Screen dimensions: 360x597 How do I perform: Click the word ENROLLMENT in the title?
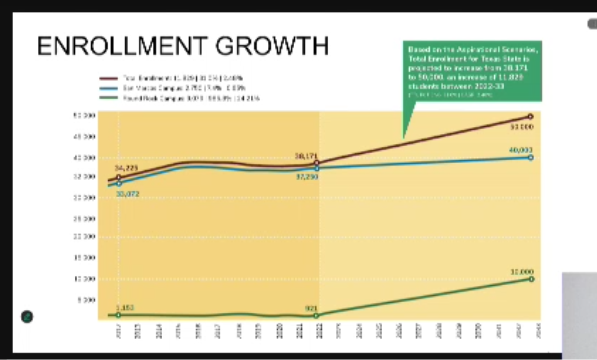(x=122, y=47)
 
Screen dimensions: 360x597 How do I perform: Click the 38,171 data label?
(x=306, y=156)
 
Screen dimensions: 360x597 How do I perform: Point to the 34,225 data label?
(x=126, y=168)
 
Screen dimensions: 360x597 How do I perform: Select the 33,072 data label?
(x=127, y=193)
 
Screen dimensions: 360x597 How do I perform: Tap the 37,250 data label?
(x=307, y=176)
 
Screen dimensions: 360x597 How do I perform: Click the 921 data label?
(x=311, y=308)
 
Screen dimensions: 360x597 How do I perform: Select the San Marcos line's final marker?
(x=531, y=158)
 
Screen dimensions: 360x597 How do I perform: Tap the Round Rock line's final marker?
(x=531, y=279)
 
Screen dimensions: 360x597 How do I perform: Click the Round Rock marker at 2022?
(x=316, y=316)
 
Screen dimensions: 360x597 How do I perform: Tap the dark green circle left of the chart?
(x=27, y=316)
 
